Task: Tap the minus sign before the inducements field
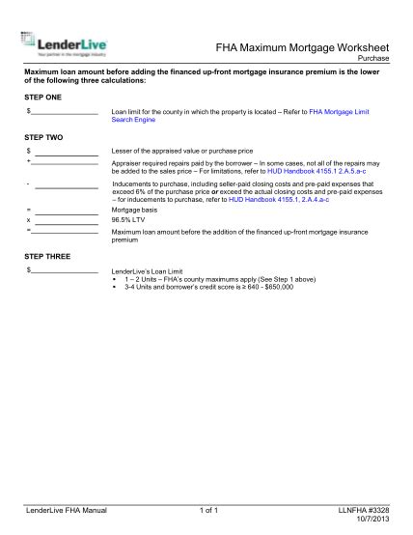point(30,182)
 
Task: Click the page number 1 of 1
point(209,510)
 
